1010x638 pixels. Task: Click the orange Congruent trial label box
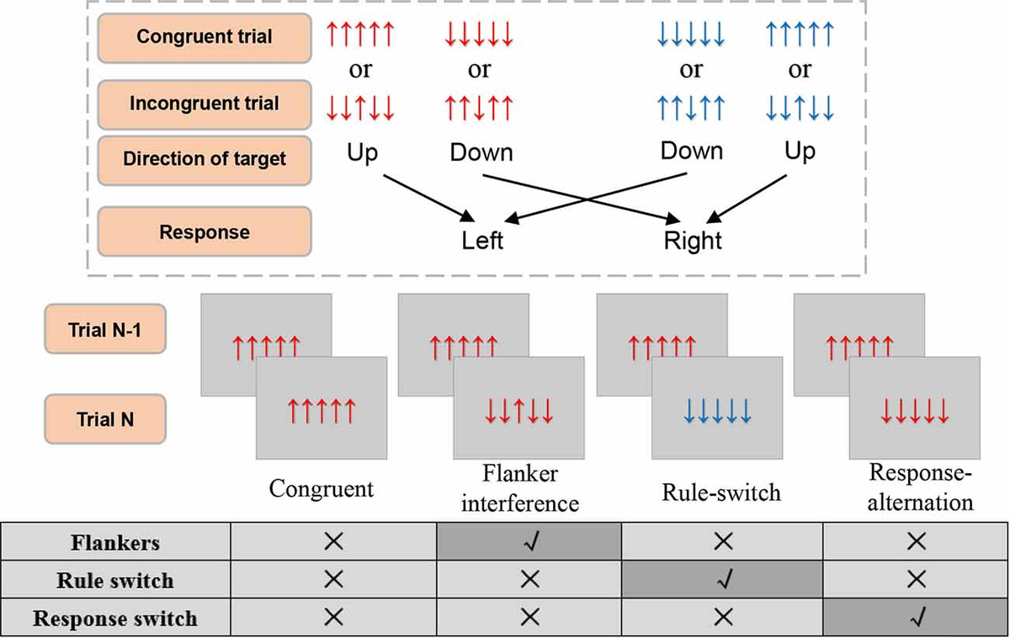coord(205,39)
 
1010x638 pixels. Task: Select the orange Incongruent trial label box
coord(205,104)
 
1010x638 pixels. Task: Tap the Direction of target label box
coord(205,160)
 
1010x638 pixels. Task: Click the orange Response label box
coord(205,231)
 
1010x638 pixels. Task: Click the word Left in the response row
coord(482,241)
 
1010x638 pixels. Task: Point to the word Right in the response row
coord(693,241)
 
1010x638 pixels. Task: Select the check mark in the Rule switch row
coord(722,581)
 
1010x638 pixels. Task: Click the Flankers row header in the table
coord(114,543)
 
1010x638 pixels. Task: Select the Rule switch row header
coord(114,581)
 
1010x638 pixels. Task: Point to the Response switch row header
coord(114,619)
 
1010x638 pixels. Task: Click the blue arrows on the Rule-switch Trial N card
coord(717,411)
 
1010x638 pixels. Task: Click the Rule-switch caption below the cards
coord(722,492)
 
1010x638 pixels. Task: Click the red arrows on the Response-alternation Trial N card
coord(915,411)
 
